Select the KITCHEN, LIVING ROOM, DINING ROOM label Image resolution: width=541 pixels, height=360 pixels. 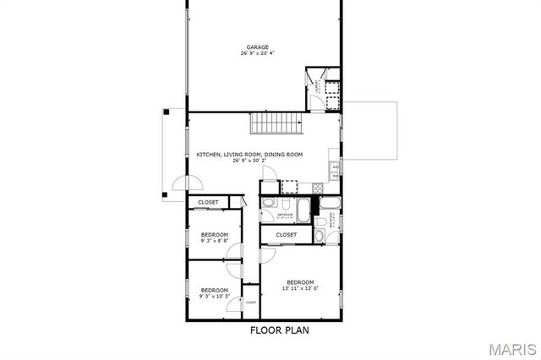(249, 155)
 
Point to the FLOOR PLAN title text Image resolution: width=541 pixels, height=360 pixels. (279, 330)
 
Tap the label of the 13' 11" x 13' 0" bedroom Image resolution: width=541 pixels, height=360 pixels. (299, 282)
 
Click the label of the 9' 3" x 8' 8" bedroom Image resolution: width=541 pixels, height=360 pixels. (214, 234)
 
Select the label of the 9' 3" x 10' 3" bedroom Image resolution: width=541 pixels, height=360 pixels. (214, 290)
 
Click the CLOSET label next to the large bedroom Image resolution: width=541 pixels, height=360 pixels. (286, 234)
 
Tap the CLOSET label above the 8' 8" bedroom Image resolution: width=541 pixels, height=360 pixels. (208, 203)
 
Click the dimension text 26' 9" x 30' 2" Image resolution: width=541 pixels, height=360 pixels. (249, 161)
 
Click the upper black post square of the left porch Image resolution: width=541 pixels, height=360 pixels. (167, 110)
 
